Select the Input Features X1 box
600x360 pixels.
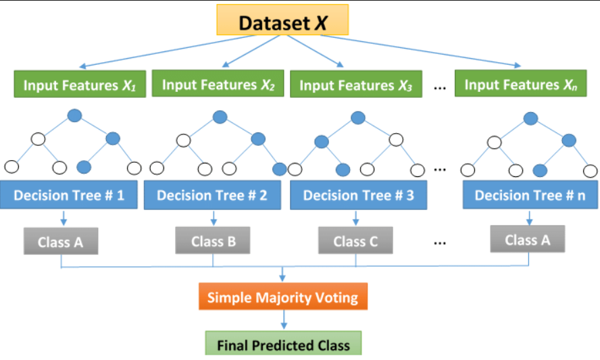79,86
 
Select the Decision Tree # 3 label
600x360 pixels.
357,195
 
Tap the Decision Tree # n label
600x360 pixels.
530,195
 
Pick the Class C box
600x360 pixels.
355,240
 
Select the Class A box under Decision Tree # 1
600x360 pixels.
60,242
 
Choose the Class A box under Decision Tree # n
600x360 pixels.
527,239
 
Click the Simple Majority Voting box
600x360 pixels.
283,297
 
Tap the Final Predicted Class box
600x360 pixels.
283,344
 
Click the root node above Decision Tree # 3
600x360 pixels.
358,118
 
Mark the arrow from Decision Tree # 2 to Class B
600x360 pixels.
214,218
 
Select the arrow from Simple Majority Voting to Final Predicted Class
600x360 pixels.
283,320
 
